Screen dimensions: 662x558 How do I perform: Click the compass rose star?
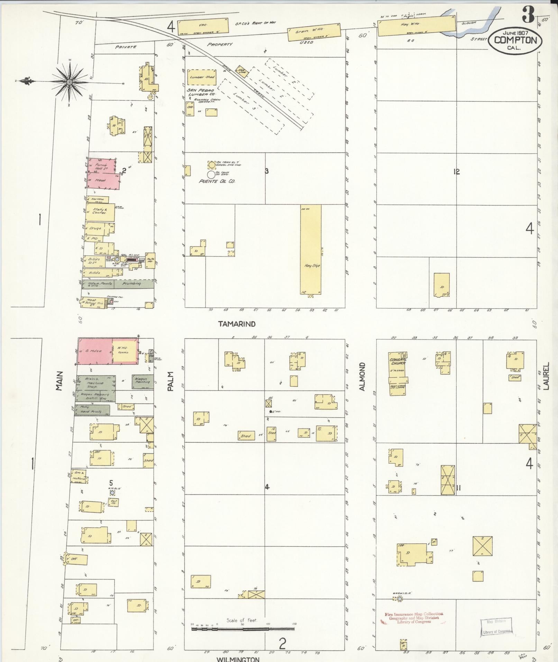pyautogui.click(x=70, y=82)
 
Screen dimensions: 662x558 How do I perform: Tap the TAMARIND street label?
pyautogui.click(x=237, y=324)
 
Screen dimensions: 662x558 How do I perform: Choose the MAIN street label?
pyautogui.click(x=59, y=381)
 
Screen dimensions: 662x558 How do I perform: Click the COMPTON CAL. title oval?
pyautogui.click(x=515, y=40)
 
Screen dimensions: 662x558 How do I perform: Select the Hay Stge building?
pyautogui.click(x=311, y=249)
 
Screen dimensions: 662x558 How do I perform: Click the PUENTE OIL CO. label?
pyautogui.click(x=217, y=181)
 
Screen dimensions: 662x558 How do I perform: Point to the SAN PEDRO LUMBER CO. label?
pyautogui.click(x=201, y=92)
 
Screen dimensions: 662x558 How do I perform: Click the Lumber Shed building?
pyautogui.click(x=202, y=78)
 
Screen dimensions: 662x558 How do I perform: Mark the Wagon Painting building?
pyautogui.click(x=143, y=381)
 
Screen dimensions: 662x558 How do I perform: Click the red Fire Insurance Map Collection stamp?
pyautogui.click(x=414, y=617)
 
